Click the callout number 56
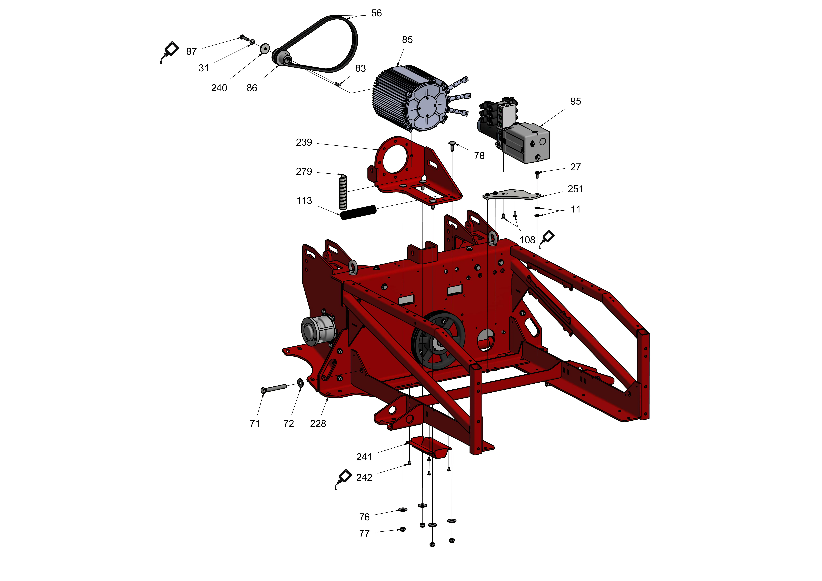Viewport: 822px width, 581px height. coord(376,13)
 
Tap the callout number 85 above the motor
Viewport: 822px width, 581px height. coord(407,40)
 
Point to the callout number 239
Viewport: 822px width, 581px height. coord(304,142)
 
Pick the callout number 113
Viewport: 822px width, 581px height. coord(304,201)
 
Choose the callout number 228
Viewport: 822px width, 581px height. coord(318,424)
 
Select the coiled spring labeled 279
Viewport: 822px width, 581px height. coord(343,192)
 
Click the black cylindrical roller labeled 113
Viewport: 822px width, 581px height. coord(358,213)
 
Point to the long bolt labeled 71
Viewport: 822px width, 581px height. coord(274,388)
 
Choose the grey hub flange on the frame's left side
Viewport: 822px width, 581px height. coord(317,331)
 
